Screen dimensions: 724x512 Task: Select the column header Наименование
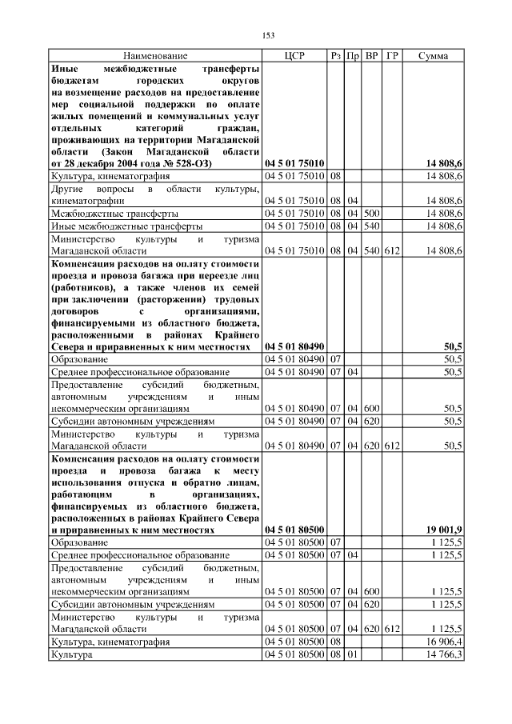(x=155, y=56)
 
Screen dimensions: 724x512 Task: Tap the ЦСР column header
(x=294, y=56)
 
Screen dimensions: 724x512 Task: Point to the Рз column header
(x=336, y=56)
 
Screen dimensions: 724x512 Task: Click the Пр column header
(x=353, y=56)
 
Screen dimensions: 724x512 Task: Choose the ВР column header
(x=371, y=56)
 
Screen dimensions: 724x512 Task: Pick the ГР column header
(x=391, y=56)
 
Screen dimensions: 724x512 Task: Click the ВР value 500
(x=371, y=214)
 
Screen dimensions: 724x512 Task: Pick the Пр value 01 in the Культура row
(x=353, y=655)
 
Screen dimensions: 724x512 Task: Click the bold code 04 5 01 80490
(x=294, y=346)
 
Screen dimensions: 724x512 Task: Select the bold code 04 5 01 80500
(x=294, y=530)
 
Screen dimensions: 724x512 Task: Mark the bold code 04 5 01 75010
(x=294, y=163)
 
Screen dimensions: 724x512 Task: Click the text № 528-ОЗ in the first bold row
(x=186, y=163)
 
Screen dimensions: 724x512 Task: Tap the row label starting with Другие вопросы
(x=155, y=194)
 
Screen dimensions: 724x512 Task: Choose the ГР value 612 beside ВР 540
(x=391, y=250)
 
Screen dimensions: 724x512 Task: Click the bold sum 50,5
(x=453, y=346)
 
